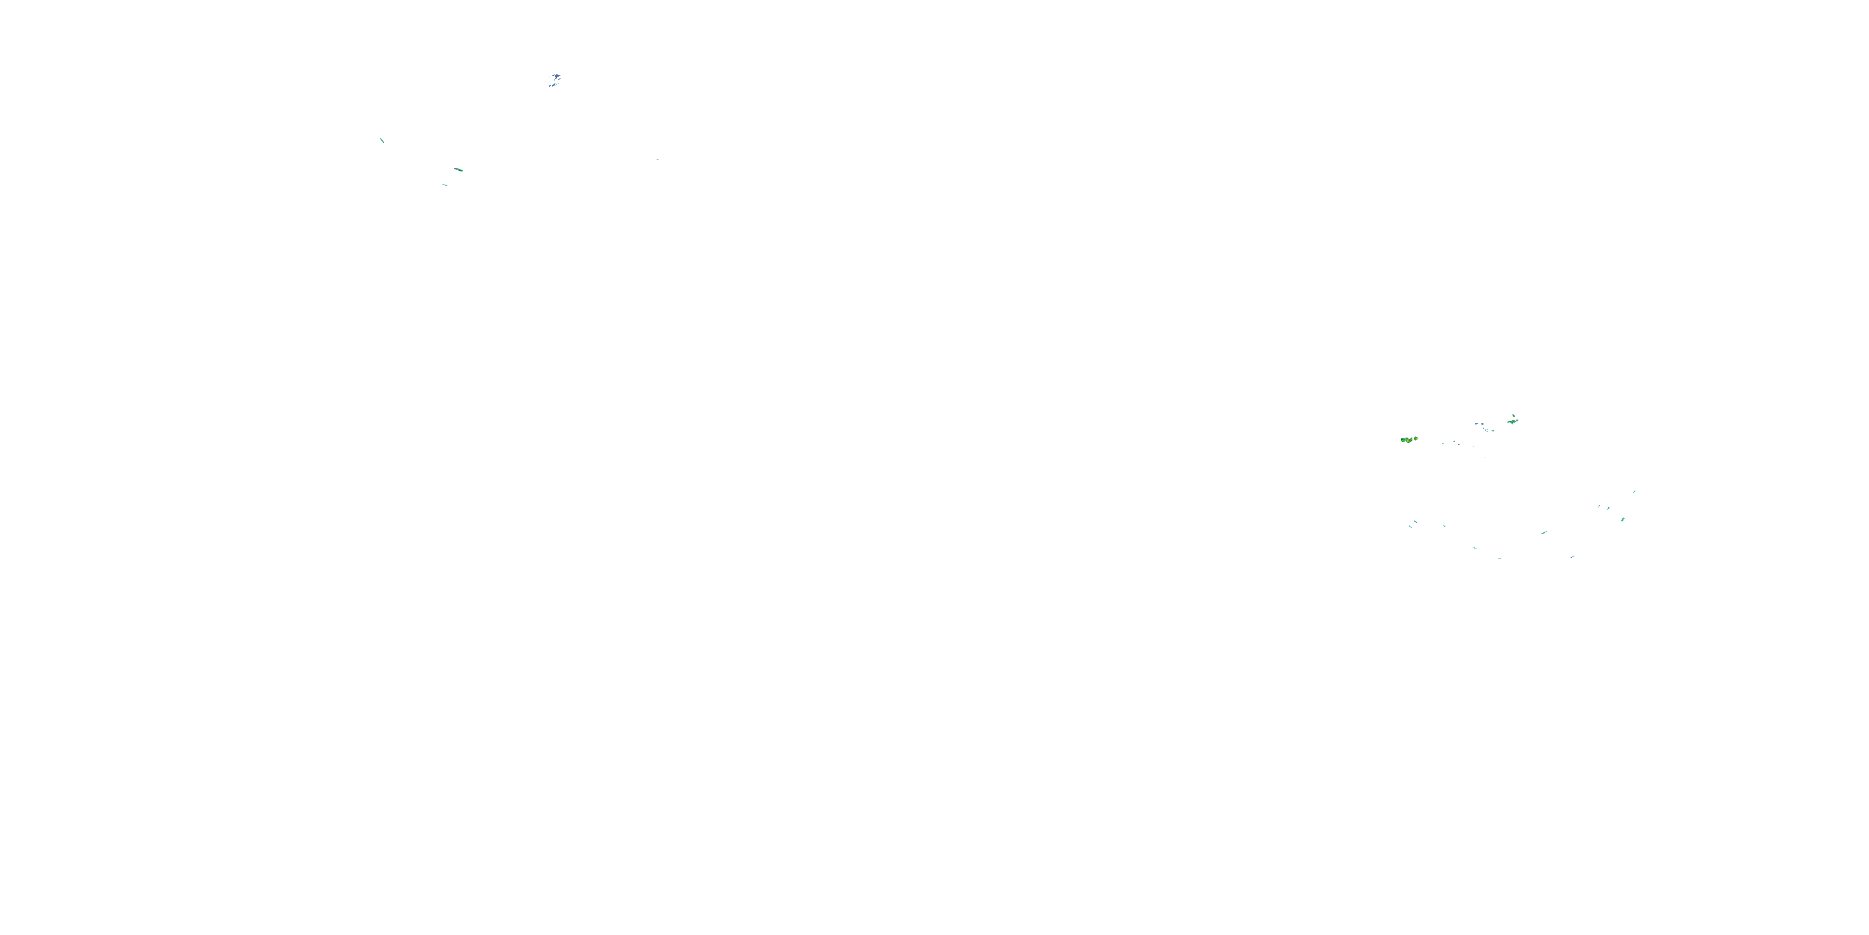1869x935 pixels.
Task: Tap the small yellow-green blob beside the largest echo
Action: tap(1415, 438)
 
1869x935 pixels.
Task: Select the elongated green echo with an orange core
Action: tap(1512, 420)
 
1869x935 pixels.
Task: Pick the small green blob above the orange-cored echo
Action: tap(1513, 415)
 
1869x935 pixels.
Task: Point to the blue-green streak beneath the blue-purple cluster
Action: tap(553, 85)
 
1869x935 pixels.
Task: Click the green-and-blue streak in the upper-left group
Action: tap(459, 170)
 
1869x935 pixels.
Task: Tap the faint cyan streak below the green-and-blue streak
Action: tap(445, 185)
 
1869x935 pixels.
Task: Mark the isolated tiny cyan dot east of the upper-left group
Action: tap(657, 159)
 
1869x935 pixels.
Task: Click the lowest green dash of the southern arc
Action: tap(1499, 559)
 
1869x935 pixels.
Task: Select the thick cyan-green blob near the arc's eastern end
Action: tap(1622, 520)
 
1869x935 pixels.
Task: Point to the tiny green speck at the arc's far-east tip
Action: tap(1634, 491)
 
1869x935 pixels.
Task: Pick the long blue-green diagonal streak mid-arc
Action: tap(1544, 533)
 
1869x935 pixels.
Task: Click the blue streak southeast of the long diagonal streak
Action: tap(1572, 556)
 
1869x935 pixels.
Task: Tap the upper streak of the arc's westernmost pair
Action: tap(1412, 522)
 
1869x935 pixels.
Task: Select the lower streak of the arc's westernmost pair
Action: tap(1410, 526)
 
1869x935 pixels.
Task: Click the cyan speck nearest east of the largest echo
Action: tap(1442, 443)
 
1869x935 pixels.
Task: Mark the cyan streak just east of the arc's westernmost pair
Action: tap(1444, 525)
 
